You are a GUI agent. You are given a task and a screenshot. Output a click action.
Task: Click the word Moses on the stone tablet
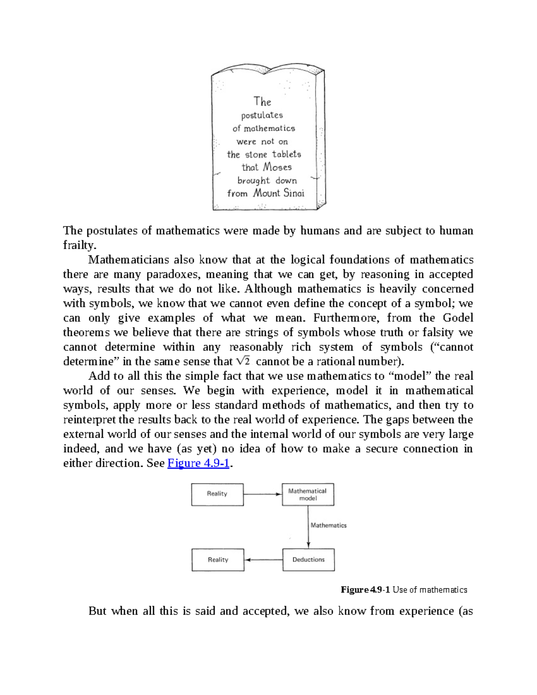pyautogui.click(x=277, y=167)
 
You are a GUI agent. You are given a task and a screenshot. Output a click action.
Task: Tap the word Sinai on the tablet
pyautogui.click(x=294, y=193)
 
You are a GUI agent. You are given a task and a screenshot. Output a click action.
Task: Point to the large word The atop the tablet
pyautogui.click(x=262, y=102)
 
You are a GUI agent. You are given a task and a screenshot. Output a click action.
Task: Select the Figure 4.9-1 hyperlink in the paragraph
pyautogui.click(x=198, y=463)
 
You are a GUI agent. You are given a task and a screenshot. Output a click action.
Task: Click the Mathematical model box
pyautogui.click(x=308, y=495)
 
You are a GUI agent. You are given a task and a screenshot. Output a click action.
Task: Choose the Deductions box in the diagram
pyautogui.click(x=308, y=560)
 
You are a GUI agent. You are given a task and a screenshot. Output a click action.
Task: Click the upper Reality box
pyautogui.click(x=217, y=495)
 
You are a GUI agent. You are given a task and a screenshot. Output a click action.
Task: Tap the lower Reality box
pyautogui.click(x=218, y=560)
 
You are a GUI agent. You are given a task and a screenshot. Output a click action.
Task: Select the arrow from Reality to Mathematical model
pyautogui.click(x=263, y=495)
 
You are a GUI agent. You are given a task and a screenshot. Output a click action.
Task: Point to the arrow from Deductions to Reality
pyautogui.click(x=264, y=560)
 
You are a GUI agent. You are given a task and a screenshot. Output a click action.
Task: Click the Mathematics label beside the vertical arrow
pyautogui.click(x=329, y=525)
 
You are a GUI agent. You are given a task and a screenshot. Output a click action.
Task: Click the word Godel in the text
pyautogui.click(x=458, y=318)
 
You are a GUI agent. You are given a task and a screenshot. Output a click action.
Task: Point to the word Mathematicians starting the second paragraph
pyautogui.click(x=128, y=260)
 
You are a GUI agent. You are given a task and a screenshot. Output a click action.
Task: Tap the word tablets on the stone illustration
pyautogui.click(x=286, y=154)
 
